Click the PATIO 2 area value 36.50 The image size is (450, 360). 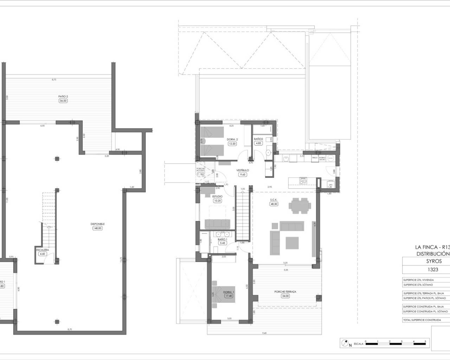point(63,101)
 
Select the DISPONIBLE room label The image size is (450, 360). point(98,224)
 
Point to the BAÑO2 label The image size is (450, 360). point(258,139)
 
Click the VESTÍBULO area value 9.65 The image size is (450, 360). point(243,174)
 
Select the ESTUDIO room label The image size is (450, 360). point(217,196)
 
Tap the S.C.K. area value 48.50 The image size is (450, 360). point(274,204)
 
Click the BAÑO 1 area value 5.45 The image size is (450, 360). point(221,243)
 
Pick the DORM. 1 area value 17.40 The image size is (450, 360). point(229,296)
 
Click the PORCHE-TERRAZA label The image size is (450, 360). point(285,291)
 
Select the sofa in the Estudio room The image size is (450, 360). point(217,224)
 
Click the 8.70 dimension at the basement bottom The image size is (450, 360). point(70,329)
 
